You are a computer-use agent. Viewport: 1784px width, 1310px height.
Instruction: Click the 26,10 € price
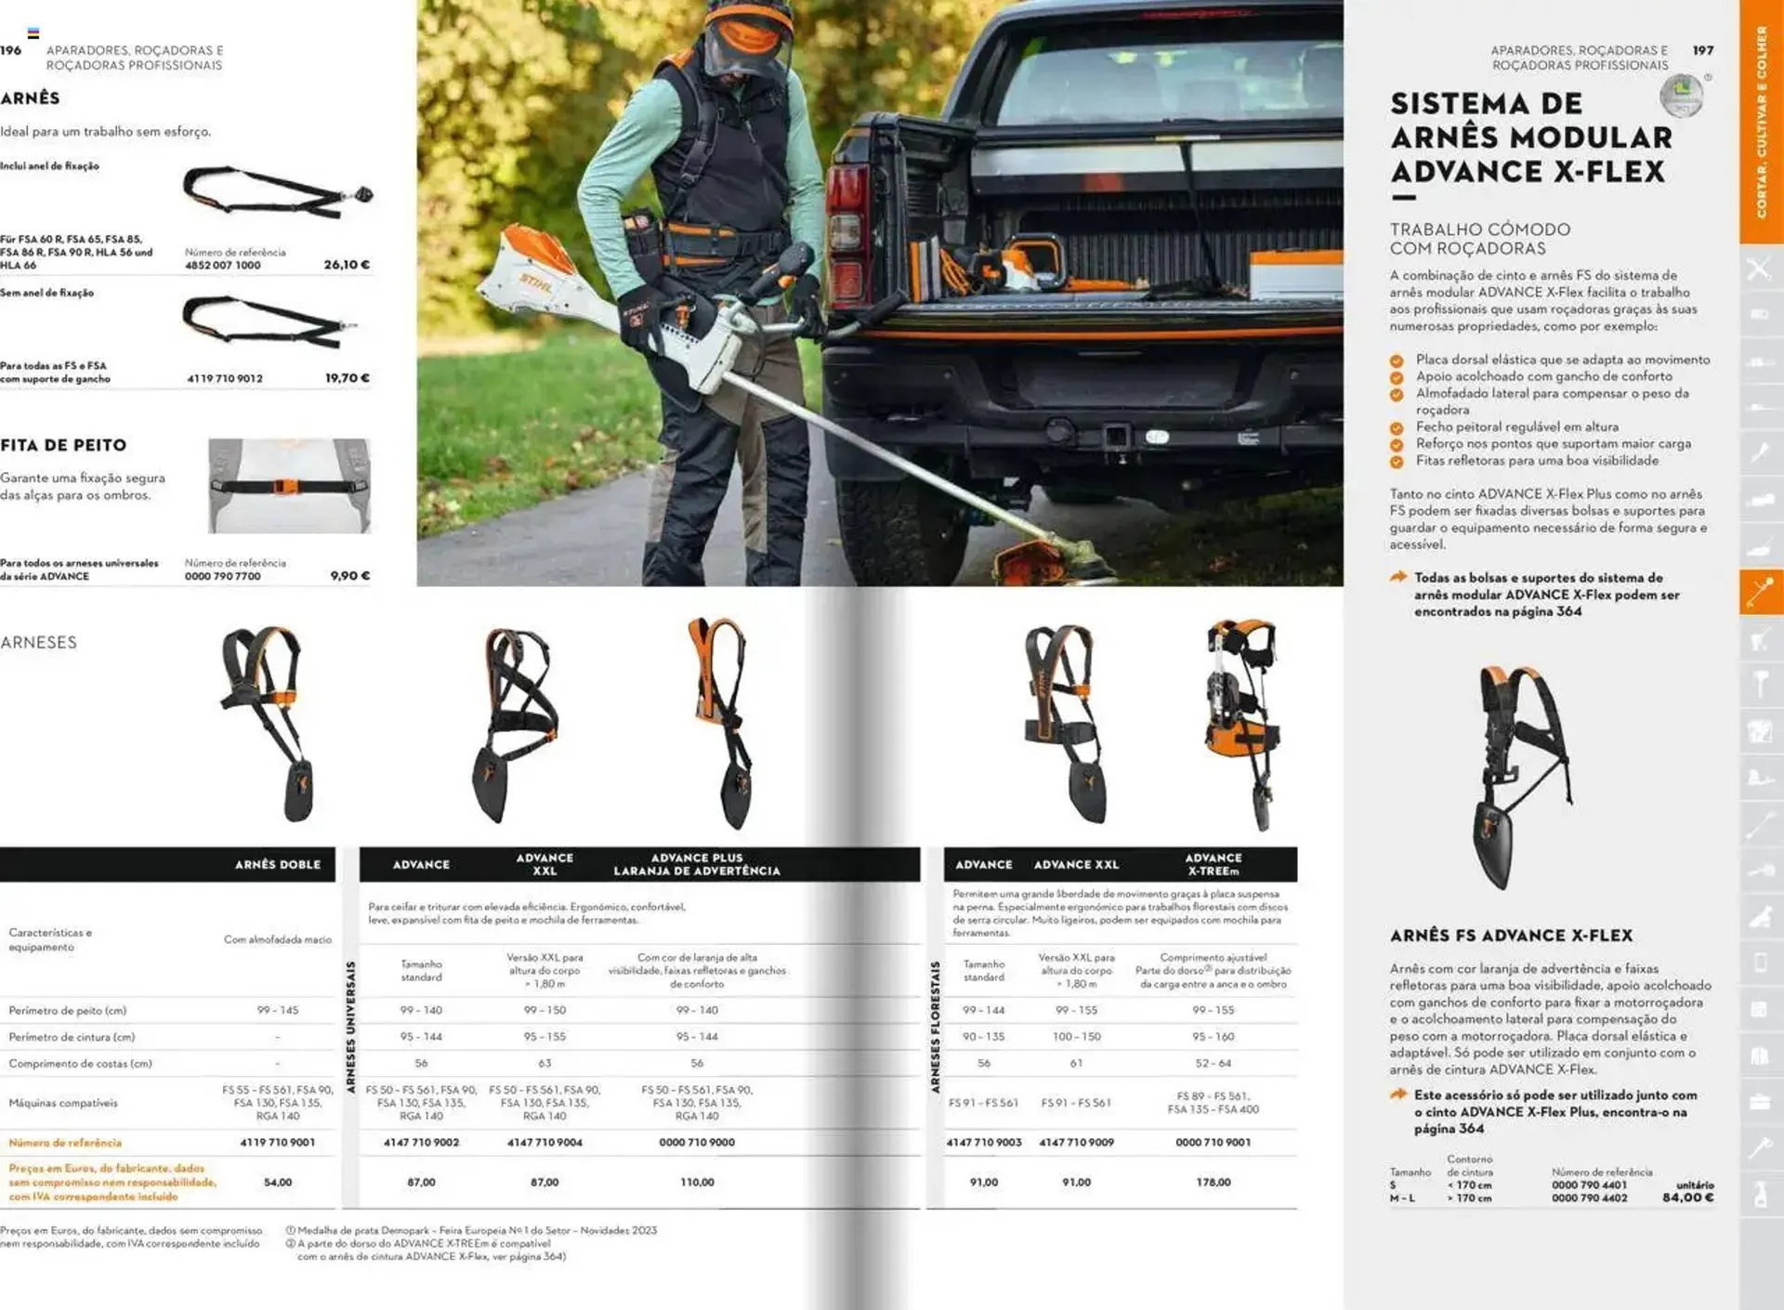(347, 265)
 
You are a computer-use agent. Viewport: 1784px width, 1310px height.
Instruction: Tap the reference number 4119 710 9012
(225, 378)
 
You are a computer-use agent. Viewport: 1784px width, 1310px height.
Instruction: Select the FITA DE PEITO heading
(63, 445)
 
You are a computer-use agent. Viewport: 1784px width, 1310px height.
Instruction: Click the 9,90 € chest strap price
(350, 576)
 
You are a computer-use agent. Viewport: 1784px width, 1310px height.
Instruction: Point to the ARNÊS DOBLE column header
(277, 864)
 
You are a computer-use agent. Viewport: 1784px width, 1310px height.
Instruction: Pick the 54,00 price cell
(278, 1182)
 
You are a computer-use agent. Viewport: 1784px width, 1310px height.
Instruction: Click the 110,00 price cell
(697, 1182)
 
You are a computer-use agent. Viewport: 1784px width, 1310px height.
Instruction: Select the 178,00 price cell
(1213, 1182)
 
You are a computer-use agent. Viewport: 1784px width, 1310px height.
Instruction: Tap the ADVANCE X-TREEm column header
(1213, 864)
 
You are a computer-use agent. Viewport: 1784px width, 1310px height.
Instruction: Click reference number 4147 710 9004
(544, 1142)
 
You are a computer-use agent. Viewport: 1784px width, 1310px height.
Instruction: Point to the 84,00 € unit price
(1687, 1198)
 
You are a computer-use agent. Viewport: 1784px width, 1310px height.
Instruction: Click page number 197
(1702, 50)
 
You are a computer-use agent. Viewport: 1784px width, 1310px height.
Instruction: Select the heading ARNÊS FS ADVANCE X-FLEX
(1511, 936)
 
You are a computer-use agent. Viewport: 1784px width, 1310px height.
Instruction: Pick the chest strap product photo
(289, 486)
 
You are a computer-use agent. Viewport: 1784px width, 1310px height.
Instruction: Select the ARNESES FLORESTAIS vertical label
(935, 1027)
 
